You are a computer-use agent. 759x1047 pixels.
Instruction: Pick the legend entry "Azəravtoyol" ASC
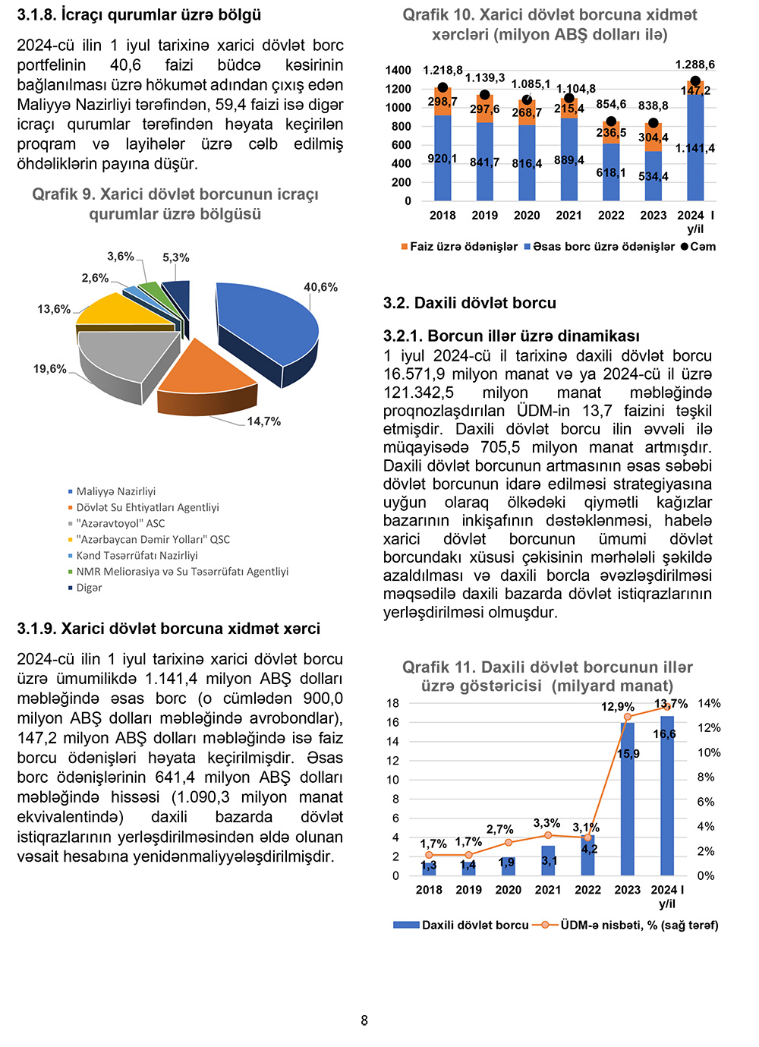tap(120, 523)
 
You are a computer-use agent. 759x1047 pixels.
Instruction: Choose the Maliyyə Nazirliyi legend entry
tap(115, 491)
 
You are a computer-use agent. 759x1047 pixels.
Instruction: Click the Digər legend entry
tap(89, 588)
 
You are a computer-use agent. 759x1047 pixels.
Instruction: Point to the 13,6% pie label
tap(54, 309)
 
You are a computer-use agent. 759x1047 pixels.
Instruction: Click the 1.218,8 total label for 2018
tap(442, 71)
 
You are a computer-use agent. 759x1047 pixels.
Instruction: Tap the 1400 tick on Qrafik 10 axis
tap(398, 70)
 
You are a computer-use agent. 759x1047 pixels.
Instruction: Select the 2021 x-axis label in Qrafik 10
tap(568, 216)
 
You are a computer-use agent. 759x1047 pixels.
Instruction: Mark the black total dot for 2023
tap(653, 123)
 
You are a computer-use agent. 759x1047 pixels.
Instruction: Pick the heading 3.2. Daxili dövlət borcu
tap(470, 303)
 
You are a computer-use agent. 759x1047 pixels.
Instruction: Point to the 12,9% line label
tap(617, 707)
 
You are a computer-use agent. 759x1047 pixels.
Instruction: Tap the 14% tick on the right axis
tap(709, 703)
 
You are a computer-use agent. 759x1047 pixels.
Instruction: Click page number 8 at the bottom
tap(364, 1020)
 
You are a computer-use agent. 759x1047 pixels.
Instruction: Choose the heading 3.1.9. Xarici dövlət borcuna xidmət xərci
tap(168, 629)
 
